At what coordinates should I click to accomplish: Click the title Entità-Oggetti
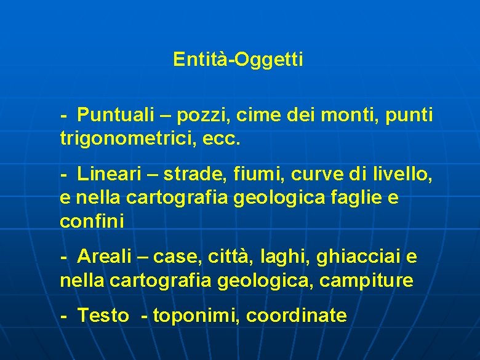tap(238, 60)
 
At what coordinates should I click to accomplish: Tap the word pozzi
tap(196, 114)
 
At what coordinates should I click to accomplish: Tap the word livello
tap(402, 175)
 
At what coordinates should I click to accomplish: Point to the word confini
tap(92, 222)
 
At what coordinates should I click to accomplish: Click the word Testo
tap(103, 316)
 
